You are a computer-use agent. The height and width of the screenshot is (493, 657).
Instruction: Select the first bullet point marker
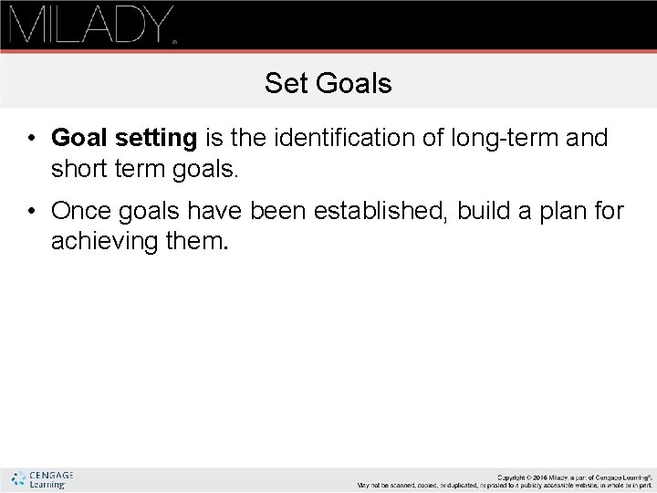[x=31, y=139]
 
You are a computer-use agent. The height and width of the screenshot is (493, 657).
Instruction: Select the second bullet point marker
[x=31, y=212]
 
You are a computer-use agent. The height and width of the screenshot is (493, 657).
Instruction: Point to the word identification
[x=318, y=138]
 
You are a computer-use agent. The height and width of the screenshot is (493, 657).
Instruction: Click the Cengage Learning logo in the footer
[x=41, y=479]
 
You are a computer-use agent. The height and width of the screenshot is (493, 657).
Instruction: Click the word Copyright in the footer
[x=514, y=477]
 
